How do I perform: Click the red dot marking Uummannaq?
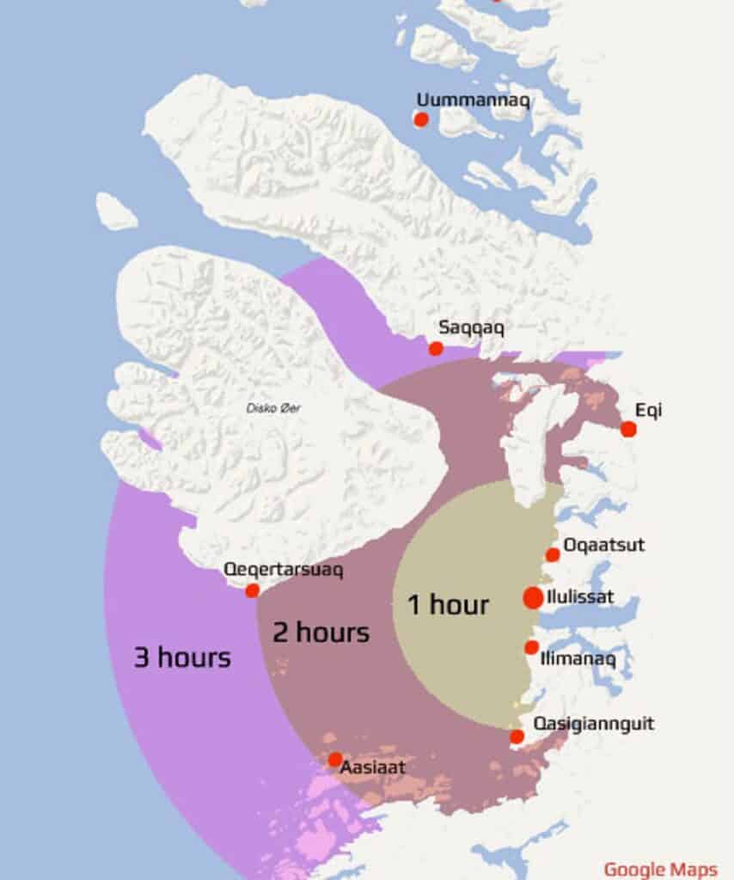(x=421, y=119)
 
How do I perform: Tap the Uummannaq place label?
(x=473, y=99)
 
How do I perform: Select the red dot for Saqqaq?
(x=436, y=348)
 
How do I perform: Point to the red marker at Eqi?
(x=628, y=429)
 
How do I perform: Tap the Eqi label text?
(x=648, y=411)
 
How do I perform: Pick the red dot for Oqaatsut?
(x=553, y=555)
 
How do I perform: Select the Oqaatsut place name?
(x=604, y=545)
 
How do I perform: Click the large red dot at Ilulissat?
(x=533, y=598)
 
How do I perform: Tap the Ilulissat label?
(x=580, y=596)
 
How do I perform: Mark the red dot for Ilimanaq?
(x=532, y=647)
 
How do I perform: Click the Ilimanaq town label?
(x=578, y=659)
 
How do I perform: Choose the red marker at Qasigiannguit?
(x=517, y=736)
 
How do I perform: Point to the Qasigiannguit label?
(x=594, y=724)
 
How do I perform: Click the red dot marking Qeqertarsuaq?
(x=252, y=590)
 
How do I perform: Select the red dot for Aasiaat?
(x=334, y=760)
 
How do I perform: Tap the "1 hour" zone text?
(x=448, y=605)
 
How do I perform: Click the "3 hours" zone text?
(x=182, y=658)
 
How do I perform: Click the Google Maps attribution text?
(x=660, y=869)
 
